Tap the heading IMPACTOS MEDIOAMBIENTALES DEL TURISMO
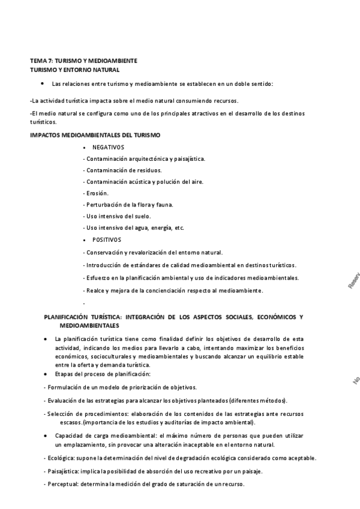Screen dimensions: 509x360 (x=95, y=134)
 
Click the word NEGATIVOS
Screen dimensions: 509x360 (x=108, y=147)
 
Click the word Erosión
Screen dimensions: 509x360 (x=97, y=193)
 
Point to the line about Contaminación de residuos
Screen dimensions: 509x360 (x=124, y=170)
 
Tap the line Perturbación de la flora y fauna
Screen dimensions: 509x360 (x=129, y=205)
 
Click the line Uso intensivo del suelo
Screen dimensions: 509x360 (x=118, y=216)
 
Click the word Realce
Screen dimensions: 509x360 (x=96, y=291)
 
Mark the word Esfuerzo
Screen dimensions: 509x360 (x=98, y=278)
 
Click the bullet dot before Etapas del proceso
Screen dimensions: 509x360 (x=46, y=375)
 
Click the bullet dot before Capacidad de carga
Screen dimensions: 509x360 (x=46, y=434)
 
